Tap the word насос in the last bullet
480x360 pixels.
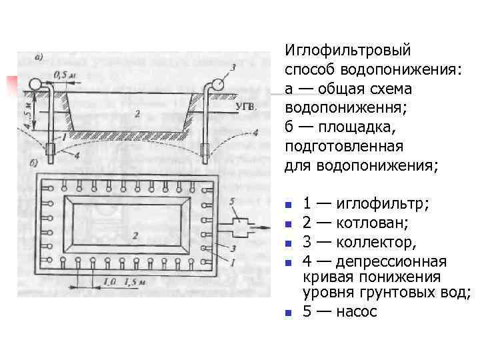pos(357,311)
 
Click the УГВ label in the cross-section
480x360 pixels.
pos(246,106)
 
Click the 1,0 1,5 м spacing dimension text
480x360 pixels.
pos(123,283)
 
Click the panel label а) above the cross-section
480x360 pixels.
pos(39,58)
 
